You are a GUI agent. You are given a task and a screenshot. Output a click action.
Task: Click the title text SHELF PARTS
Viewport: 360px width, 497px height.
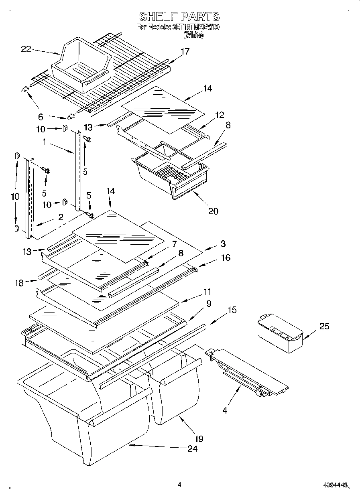pos(179,16)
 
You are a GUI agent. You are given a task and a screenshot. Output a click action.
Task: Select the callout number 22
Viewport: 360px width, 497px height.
pos(26,49)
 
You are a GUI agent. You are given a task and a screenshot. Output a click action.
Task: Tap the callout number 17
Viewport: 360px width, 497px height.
pos(185,51)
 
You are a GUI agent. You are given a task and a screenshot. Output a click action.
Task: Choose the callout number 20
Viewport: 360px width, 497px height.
pos(213,211)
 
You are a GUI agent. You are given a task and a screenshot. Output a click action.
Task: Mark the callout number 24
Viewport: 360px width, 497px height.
pos(192,448)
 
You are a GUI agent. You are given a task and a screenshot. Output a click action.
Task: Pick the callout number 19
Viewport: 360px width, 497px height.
pos(199,438)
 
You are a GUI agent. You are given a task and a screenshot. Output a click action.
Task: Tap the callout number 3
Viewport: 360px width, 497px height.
pos(223,243)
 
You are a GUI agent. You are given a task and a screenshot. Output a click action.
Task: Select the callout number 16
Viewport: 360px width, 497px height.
pos(226,258)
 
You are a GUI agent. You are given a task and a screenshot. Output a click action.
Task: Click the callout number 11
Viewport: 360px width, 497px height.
pos(207,292)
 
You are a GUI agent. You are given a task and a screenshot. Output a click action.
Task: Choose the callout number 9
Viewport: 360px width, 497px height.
pos(208,304)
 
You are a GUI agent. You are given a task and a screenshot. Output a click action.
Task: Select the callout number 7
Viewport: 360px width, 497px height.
pos(174,243)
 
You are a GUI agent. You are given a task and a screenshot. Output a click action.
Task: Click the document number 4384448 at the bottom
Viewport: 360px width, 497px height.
pos(336,485)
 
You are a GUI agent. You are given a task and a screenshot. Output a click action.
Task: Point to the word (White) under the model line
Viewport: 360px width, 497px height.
pos(193,35)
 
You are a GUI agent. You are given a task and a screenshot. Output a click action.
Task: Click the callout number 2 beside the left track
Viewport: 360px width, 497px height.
pos(60,217)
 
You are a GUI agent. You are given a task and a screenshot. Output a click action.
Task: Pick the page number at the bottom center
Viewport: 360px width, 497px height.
pos(179,484)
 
